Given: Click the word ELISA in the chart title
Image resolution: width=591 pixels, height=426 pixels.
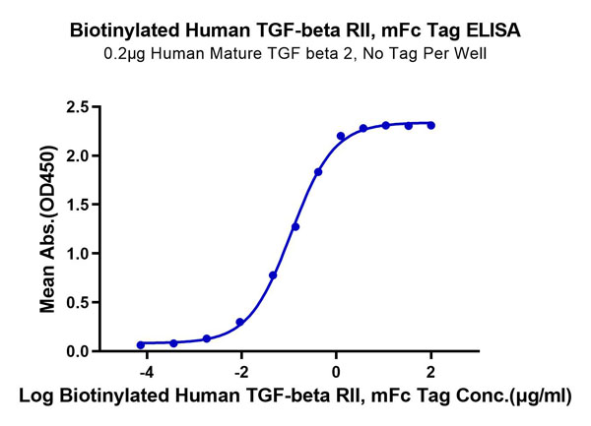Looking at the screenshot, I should pos(492,30).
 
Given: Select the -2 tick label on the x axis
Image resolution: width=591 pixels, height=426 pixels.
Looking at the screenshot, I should pos(239,372).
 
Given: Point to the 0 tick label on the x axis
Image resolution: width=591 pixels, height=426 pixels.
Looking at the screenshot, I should pos(336,372).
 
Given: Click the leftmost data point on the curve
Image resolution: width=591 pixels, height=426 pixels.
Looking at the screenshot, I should pos(141,344).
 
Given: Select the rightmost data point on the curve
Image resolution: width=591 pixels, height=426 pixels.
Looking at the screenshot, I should pos(431,125).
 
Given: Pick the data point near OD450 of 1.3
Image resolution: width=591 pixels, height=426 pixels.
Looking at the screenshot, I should pos(295,226).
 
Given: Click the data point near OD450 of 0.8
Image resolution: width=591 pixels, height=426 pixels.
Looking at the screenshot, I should pos(273,275).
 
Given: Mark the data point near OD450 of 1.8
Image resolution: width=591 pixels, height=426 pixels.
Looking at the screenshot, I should pos(318,172).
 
